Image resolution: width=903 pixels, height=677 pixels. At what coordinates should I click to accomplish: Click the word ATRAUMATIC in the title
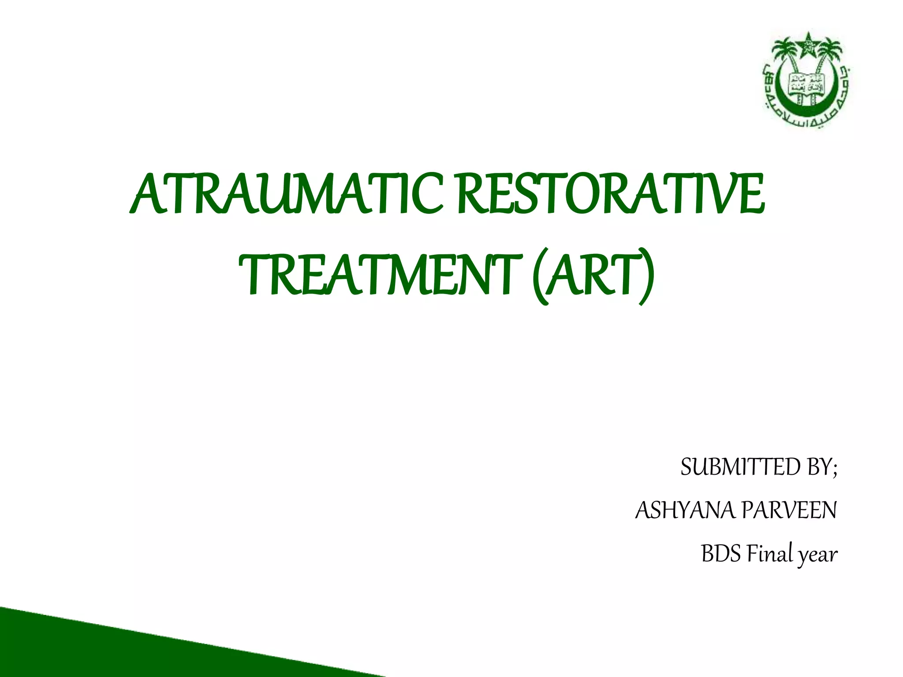(287, 194)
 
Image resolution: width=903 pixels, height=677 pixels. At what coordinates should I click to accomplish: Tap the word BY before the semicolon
(818, 467)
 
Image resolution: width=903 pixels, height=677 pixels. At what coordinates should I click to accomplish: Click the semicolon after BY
(835, 470)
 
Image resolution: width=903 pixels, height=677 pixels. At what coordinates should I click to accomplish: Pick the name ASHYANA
(685, 510)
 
